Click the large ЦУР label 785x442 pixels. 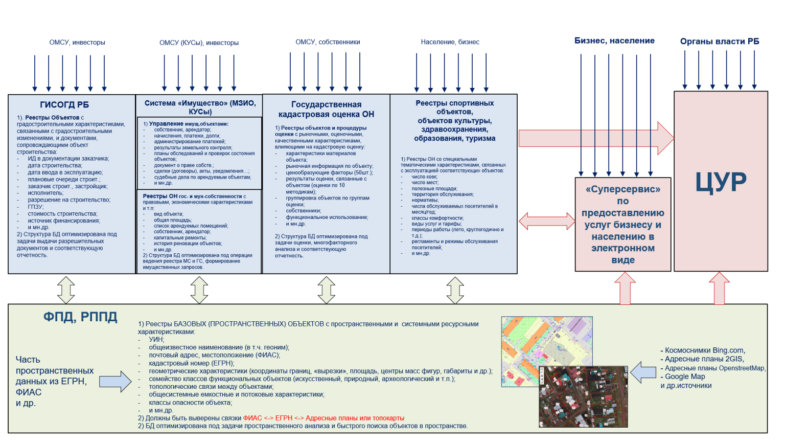(x=721, y=182)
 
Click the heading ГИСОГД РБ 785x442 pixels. (x=64, y=105)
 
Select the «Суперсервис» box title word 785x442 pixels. (x=622, y=189)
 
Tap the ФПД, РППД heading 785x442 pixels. (x=80, y=317)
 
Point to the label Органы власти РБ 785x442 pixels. (x=719, y=41)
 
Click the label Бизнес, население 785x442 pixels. (x=614, y=41)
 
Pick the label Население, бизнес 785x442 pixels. (x=450, y=42)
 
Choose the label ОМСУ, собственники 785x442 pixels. (x=328, y=42)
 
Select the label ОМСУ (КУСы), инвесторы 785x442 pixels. (x=199, y=42)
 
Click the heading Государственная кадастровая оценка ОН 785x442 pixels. (x=326, y=109)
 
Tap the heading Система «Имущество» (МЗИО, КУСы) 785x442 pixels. (x=200, y=107)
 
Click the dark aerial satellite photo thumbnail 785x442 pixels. (x=583, y=396)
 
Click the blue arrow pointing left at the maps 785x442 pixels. (x=643, y=372)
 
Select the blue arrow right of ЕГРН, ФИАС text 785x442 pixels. (x=115, y=382)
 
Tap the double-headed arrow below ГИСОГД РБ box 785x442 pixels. (x=66, y=290)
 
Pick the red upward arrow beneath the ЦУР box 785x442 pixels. (x=719, y=288)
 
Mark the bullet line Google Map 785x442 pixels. (x=685, y=377)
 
